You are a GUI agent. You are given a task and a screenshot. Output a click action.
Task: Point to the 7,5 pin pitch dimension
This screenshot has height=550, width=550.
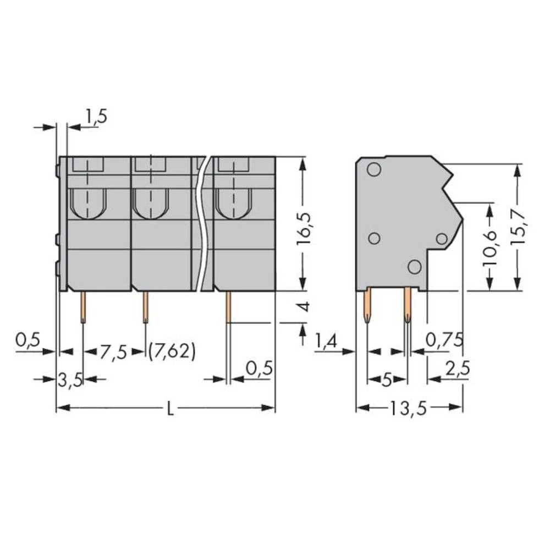114,351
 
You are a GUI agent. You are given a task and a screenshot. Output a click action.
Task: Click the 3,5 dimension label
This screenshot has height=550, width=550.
70,379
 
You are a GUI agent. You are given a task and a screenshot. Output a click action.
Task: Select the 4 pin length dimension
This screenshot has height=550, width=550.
306,306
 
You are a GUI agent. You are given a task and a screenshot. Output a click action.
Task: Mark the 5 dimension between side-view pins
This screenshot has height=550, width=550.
387,380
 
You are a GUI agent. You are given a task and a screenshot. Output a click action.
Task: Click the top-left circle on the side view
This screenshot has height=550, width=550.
373,169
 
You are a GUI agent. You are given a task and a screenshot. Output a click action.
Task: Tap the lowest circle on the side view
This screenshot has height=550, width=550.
415,266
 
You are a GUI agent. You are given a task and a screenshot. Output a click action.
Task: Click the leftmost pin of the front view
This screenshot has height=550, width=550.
83,307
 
